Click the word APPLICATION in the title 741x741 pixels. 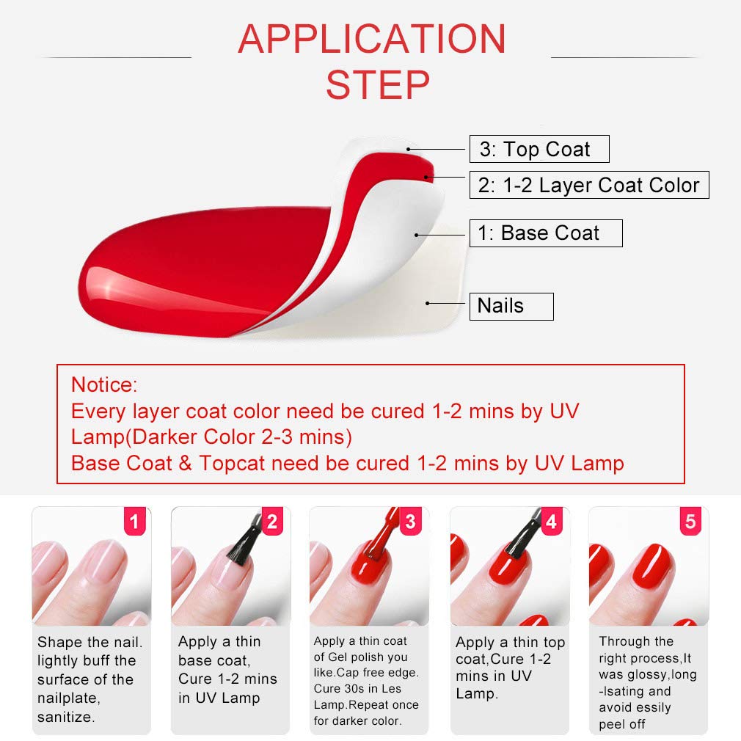click(x=371, y=39)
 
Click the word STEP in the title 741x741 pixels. click(x=377, y=85)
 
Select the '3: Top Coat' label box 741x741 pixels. click(x=539, y=150)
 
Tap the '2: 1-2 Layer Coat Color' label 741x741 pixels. click(x=589, y=185)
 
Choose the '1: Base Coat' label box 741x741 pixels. click(x=546, y=233)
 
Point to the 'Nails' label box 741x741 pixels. click(x=511, y=306)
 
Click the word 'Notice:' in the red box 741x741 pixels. click(x=104, y=384)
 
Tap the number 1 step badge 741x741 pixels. click(x=134, y=522)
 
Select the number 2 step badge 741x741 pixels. click(x=272, y=522)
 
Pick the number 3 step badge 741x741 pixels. click(x=411, y=522)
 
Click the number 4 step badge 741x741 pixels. click(x=552, y=522)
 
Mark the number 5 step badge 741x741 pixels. click(x=690, y=522)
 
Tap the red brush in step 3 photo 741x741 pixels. click(x=379, y=539)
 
